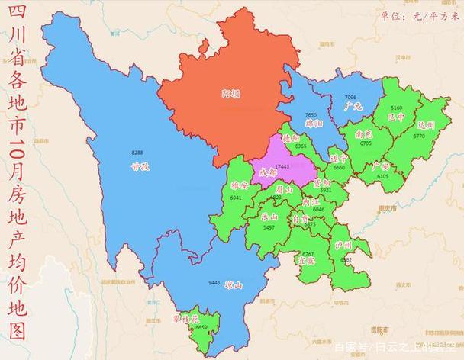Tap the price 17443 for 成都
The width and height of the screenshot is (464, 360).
[x=282, y=166]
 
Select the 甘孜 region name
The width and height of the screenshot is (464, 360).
[x=138, y=163]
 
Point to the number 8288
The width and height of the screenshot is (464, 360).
[x=137, y=153]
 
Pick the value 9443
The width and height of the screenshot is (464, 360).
[x=214, y=283]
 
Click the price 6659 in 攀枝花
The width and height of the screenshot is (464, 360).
[x=201, y=327]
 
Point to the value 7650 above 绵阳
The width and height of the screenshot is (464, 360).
[x=311, y=114]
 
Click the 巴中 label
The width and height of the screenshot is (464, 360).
[x=396, y=117]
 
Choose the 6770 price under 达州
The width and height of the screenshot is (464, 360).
[x=419, y=136]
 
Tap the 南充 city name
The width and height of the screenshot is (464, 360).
[x=363, y=133]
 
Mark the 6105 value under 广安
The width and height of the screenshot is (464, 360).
[x=382, y=176]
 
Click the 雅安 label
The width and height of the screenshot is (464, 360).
[x=239, y=185]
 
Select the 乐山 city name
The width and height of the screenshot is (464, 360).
[x=269, y=217]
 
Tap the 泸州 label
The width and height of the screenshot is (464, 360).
[x=343, y=246]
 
